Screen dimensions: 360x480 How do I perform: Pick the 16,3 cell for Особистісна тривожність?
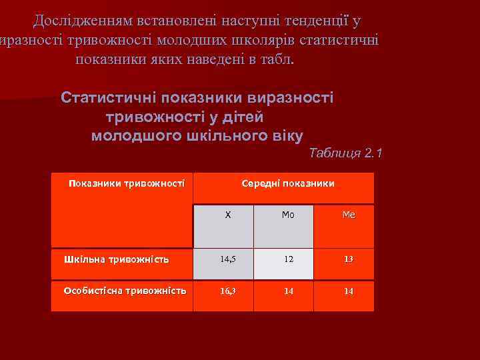(x=223, y=291)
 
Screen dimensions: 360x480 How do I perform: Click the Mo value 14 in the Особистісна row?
(x=288, y=291)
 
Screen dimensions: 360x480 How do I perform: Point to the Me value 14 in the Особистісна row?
(x=348, y=291)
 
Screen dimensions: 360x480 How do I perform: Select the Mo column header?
(x=288, y=215)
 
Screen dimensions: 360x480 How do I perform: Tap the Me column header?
(x=348, y=215)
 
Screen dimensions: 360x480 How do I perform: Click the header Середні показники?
(x=288, y=183)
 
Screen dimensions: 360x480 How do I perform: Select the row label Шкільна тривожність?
(x=116, y=259)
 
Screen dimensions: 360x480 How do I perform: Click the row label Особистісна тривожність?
(x=125, y=291)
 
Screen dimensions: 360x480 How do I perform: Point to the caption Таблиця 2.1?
(x=346, y=153)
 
